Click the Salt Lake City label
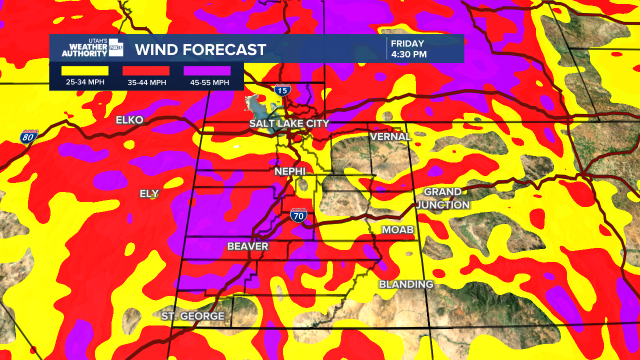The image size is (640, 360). [x=289, y=123]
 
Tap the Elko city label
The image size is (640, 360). [x=129, y=120]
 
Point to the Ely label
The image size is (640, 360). [x=149, y=194]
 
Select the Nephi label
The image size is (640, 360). [x=290, y=171]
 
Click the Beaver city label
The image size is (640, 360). [x=247, y=246]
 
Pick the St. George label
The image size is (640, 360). [x=192, y=316]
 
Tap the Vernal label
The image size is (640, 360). [x=390, y=136]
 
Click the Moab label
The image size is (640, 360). [x=398, y=230]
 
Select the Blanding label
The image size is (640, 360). [x=406, y=284]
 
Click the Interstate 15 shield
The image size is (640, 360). [x=282, y=90]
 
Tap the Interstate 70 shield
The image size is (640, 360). [x=298, y=216]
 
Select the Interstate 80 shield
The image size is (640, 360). [x=28, y=136]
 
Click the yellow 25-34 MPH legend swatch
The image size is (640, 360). [x=85, y=71]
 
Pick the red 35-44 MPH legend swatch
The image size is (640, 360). [x=146, y=71]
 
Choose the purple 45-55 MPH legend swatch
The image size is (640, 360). [x=207, y=71]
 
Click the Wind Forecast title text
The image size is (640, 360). [x=200, y=50]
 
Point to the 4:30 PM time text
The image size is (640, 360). [x=409, y=54]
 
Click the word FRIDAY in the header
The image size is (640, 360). [x=407, y=43]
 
